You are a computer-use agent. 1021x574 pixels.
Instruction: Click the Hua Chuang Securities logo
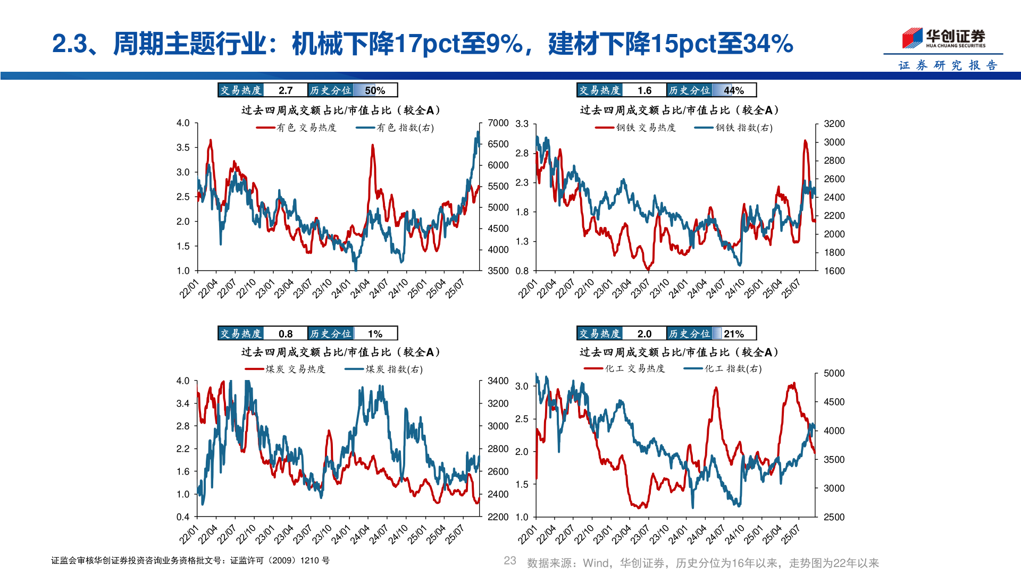[x=943, y=38]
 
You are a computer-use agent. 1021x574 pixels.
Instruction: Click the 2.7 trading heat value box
[x=286, y=90]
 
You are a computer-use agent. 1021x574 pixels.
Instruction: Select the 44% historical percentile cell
[x=733, y=90]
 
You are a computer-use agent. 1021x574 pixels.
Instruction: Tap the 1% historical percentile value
[x=375, y=334]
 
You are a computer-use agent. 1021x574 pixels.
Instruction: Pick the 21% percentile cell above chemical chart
[x=733, y=334]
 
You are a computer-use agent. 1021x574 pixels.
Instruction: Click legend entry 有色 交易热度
[x=297, y=128]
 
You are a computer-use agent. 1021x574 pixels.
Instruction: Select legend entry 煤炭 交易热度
[x=286, y=369]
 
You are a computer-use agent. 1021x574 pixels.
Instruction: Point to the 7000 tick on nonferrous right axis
[x=498, y=123]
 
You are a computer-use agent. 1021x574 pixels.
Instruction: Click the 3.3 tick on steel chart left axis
[x=522, y=124]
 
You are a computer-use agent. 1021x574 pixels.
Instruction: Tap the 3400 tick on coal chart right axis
[x=498, y=381]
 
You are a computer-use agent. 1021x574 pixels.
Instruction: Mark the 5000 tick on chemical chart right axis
[x=834, y=373]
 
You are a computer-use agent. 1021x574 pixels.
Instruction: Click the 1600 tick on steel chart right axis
[x=834, y=271]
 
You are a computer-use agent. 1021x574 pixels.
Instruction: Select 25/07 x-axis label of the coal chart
[x=455, y=534]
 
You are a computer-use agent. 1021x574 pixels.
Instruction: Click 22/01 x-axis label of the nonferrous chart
[x=189, y=289]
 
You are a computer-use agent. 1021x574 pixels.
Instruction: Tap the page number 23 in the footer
[x=510, y=561]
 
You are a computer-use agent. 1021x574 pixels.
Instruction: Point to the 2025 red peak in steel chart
[x=805, y=141]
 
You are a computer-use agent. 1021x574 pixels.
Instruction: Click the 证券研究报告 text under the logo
[x=948, y=65]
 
